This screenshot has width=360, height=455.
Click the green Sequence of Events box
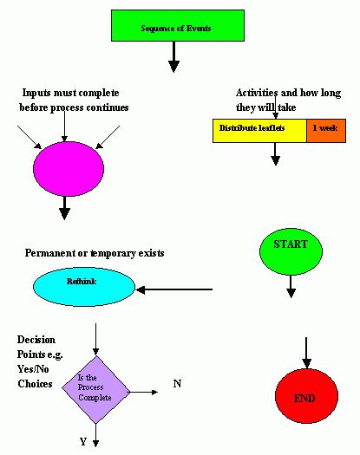pos(175,26)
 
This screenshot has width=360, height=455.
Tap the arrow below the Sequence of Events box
pos(173,57)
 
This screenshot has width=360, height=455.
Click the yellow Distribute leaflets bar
pos(259,129)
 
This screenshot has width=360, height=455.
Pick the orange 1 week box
pos(326,129)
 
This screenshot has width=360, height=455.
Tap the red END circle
pos(304,397)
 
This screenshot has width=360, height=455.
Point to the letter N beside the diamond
pos(176,383)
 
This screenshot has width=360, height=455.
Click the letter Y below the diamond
pos(83,441)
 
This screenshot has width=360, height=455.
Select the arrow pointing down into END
pos(304,351)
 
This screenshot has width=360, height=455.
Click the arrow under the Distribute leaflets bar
pos(275,153)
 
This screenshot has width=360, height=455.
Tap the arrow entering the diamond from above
pos(95,338)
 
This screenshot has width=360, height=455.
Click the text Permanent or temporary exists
pos(95,253)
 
